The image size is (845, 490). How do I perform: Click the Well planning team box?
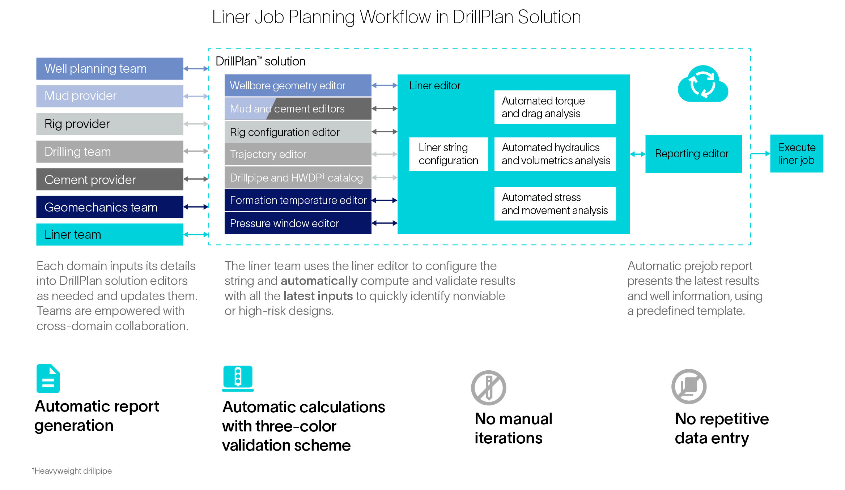(x=110, y=68)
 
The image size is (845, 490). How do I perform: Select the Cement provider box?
(x=110, y=179)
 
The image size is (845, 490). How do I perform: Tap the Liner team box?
(x=110, y=234)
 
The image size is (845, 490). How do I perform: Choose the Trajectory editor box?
(x=298, y=154)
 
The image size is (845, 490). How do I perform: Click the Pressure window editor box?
(x=298, y=223)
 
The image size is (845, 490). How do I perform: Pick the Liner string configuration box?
(x=448, y=154)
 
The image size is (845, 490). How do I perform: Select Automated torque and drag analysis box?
(x=555, y=107)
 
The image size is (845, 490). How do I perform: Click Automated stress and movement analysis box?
(x=555, y=204)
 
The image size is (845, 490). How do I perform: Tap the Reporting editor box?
(x=693, y=154)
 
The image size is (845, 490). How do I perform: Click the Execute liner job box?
(x=797, y=154)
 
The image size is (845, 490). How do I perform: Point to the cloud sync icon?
(x=702, y=84)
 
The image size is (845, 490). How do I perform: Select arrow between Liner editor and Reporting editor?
(x=637, y=154)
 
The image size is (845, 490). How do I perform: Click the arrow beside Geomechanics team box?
(x=196, y=207)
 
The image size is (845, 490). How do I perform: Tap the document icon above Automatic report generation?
(x=48, y=379)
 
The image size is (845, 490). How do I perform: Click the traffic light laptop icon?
(x=238, y=378)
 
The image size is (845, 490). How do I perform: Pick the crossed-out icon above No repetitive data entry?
(x=689, y=387)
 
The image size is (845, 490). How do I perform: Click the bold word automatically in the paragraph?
(x=319, y=281)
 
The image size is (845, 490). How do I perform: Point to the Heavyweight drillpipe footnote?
(x=72, y=471)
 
